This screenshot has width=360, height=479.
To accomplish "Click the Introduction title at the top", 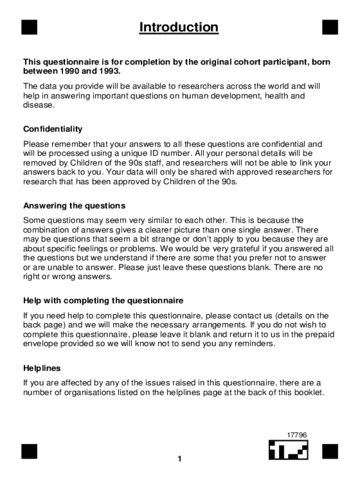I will click(x=179, y=28).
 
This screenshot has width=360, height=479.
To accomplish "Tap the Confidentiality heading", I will click(x=53, y=129).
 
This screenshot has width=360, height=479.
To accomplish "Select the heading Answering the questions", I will click(x=74, y=206).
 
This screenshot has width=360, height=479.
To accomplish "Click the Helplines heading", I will click(x=42, y=368).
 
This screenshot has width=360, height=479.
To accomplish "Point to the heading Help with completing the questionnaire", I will click(x=103, y=300).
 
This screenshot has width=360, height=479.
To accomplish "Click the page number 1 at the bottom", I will click(x=179, y=459).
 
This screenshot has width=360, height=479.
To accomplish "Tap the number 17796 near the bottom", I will click(x=297, y=435).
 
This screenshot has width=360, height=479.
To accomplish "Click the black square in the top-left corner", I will click(x=29, y=28).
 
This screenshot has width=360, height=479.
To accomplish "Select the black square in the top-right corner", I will click(x=330, y=28).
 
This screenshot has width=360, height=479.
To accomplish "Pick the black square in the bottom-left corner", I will click(x=29, y=451).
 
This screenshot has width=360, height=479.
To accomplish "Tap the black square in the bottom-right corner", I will click(x=330, y=451).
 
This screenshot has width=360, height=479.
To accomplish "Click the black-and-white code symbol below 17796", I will click(x=288, y=450).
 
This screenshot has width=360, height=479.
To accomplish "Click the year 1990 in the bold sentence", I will click(x=68, y=71).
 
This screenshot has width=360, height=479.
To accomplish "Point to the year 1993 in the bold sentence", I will click(x=108, y=71).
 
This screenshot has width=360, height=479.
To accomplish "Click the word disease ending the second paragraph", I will click(x=38, y=105).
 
